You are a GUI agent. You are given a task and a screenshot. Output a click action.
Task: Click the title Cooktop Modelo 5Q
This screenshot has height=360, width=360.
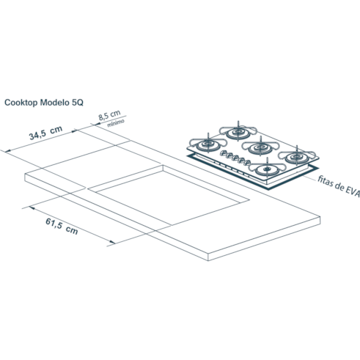pyautogui.click(x=44, y=103)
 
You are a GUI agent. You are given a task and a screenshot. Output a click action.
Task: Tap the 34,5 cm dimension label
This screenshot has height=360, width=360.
pyautogui.click(x=45, y=133)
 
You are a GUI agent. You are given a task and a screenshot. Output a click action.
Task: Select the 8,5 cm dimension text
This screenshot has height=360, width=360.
pyautogui.click(x=109, y=115)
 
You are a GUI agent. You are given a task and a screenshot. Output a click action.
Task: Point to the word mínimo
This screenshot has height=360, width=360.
pyautogui.click(x=116, y=123)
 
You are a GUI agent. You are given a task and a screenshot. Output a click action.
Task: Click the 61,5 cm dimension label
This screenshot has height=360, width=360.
pyautogui.click(x=62, y=227)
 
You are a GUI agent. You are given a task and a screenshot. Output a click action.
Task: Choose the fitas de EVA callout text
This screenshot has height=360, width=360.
pyautogui.click(x=339, y=186)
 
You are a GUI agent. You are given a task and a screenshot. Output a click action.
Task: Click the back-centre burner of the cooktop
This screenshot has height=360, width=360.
pyautogui.click(x=238, y=132)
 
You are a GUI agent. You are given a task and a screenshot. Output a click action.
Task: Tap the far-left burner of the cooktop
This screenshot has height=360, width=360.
pyautogui.click(x=208, y=144)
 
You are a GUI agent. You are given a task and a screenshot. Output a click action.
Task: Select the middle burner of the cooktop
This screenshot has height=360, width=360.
pyautogui.click(x=260, y=147)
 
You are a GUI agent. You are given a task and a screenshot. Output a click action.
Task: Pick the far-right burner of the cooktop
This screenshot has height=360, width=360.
pyautogui.click(x=297, y=157)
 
